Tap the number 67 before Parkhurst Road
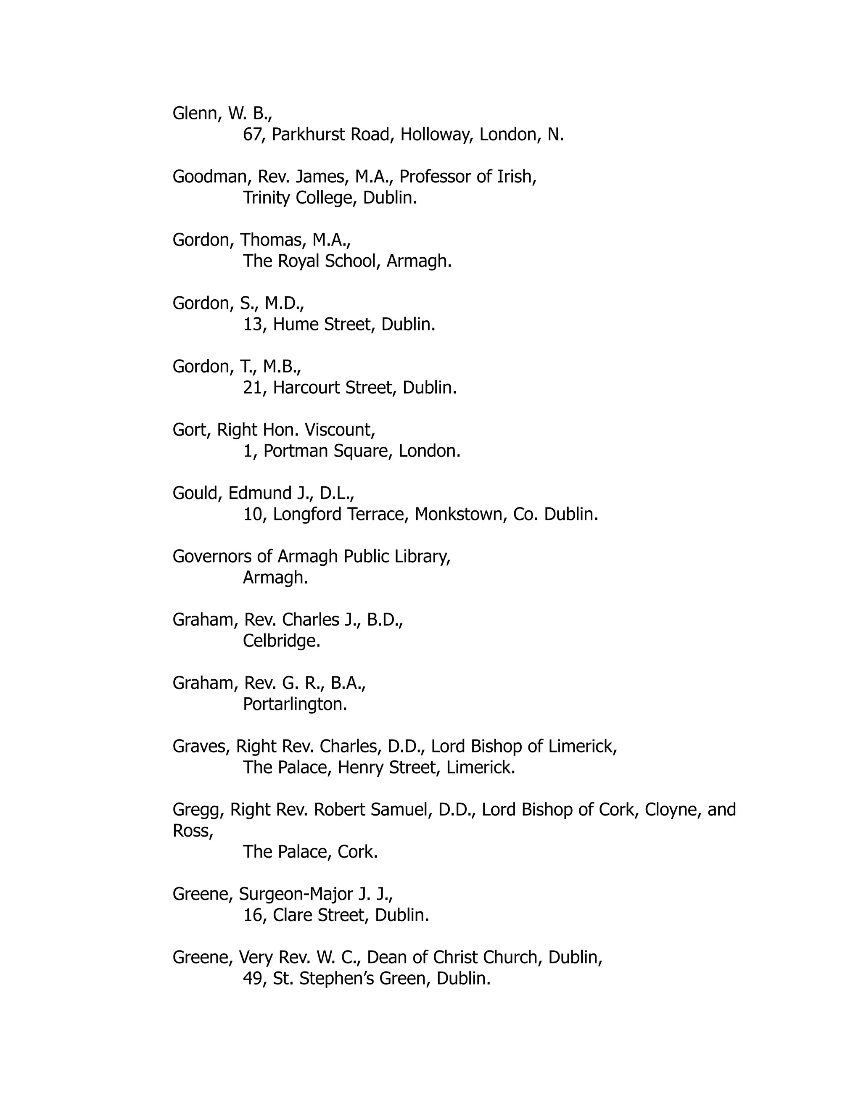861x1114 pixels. [x=252, y=135]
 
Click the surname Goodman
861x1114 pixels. [x=209, y=177]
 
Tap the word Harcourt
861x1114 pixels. [x=306, y=388]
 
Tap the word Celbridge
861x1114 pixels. [x=281, y=641]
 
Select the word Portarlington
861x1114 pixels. [x=294, y=705]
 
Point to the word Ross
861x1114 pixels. [x=192, y=831]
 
